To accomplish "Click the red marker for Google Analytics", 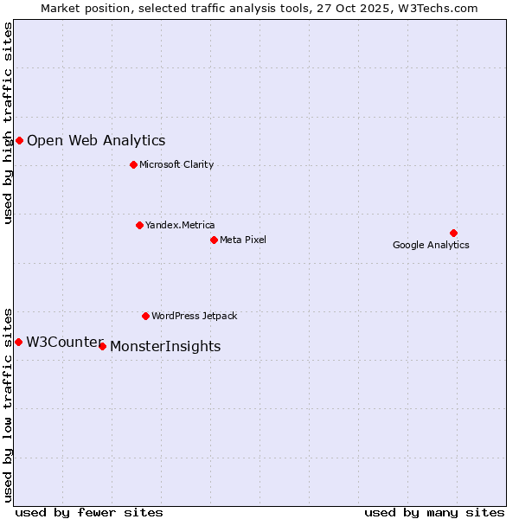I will [453, 233].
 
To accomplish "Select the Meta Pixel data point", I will [214, 240].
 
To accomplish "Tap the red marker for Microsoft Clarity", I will [133, 164].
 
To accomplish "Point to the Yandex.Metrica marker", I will [139, 225].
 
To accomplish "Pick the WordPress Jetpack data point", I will [145, 316].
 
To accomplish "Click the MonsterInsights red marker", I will [102, 346].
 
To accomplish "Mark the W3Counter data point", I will [18, 342].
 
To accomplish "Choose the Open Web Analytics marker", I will [19, 140].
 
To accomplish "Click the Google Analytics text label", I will [431, 245].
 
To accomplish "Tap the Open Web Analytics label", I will [96, 140].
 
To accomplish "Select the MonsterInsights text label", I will [165, 346].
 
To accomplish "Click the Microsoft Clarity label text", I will [176, 164].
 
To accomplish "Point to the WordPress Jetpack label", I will [194, 316].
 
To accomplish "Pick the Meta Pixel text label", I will [243, 240].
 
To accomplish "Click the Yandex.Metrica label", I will [180, 225].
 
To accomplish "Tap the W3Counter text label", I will [64, 342].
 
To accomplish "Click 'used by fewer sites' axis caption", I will [89, 512].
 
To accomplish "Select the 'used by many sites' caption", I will [434, 512].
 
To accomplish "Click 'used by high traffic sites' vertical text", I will [8, 123].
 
